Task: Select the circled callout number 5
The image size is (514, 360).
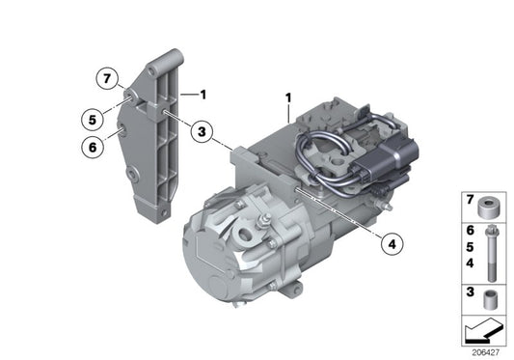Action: point(89,121)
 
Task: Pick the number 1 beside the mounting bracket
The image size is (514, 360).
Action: point(203,94)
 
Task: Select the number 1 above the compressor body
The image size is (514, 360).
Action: point(288,98)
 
